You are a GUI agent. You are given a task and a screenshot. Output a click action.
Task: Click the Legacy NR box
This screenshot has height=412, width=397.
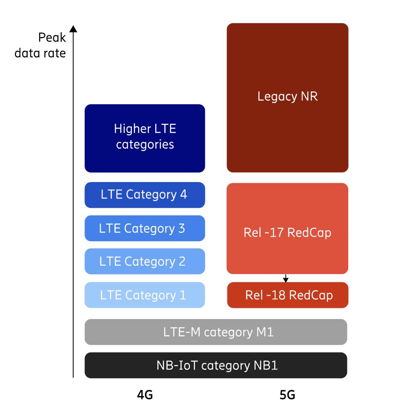(x=287, y=98)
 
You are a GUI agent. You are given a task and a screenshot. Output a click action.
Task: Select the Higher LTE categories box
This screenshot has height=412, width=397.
(x=145, y=138)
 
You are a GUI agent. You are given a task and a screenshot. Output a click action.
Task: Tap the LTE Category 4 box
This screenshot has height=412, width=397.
(x=145, y=195)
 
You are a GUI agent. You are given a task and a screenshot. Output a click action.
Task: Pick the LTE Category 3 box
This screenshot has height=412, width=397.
(x=145, y=228)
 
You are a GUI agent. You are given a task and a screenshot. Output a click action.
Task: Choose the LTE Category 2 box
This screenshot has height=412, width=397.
(x=145, y=261)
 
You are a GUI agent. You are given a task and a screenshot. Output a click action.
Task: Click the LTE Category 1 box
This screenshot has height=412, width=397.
(x=145, y=295)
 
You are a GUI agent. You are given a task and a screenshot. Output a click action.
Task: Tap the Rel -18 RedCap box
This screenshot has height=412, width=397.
(x=288, y=295)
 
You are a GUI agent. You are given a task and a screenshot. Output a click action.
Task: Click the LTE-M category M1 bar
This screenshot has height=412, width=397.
(x=216, y=332)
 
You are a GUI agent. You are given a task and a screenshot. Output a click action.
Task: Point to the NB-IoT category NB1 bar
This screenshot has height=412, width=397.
(x=216, y=365)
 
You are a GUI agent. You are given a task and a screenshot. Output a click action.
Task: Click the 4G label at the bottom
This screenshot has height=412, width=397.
(x=145, y=395)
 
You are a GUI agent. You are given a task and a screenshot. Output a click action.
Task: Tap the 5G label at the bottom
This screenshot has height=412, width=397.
(x=287, y=395)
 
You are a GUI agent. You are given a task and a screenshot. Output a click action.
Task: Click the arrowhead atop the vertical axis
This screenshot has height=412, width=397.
(x=73, y=29)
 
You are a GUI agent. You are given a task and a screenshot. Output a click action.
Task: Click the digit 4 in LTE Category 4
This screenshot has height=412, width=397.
(x=183, y=195)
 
